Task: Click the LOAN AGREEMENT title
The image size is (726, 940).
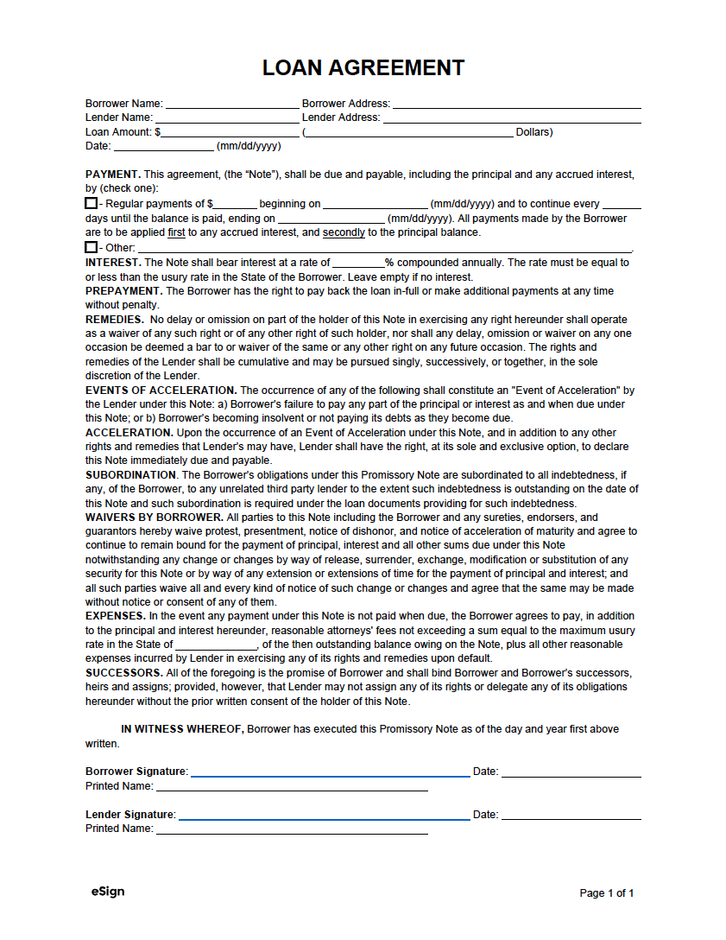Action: click(x=363, y=67)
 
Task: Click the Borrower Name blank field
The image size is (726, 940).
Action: click(x=231, y=104)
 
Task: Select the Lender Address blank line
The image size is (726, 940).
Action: click(x=512, y=117)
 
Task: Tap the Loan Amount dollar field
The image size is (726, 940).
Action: click(x=230, y=132)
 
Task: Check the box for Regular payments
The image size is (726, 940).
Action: click(x=91, y=204)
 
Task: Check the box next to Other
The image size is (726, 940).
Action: click(x=91, y=247)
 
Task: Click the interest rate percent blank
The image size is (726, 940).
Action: click(x=357, y=263)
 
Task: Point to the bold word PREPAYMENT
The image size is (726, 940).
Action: click(x=123, y=291)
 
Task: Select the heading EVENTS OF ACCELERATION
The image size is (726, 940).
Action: click(x=160, y=391)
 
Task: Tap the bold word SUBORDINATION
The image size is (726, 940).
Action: click(x=130, y=475)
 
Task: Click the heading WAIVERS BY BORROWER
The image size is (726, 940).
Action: click(x=154, y=518)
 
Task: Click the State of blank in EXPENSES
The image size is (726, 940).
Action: click(x=216, y=645)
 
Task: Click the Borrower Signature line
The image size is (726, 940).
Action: click(x=330, y=772)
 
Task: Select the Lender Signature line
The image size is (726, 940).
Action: click(x=324, y=815)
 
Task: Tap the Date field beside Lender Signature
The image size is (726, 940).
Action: click(x=571, y=815)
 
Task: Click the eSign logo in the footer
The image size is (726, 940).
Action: click(x=107, y=892)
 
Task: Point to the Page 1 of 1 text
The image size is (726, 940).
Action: click(x=606, y=893)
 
